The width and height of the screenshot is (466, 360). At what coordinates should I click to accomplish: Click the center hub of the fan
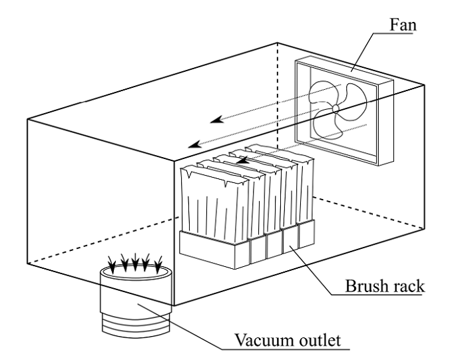(x=336, y=108)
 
